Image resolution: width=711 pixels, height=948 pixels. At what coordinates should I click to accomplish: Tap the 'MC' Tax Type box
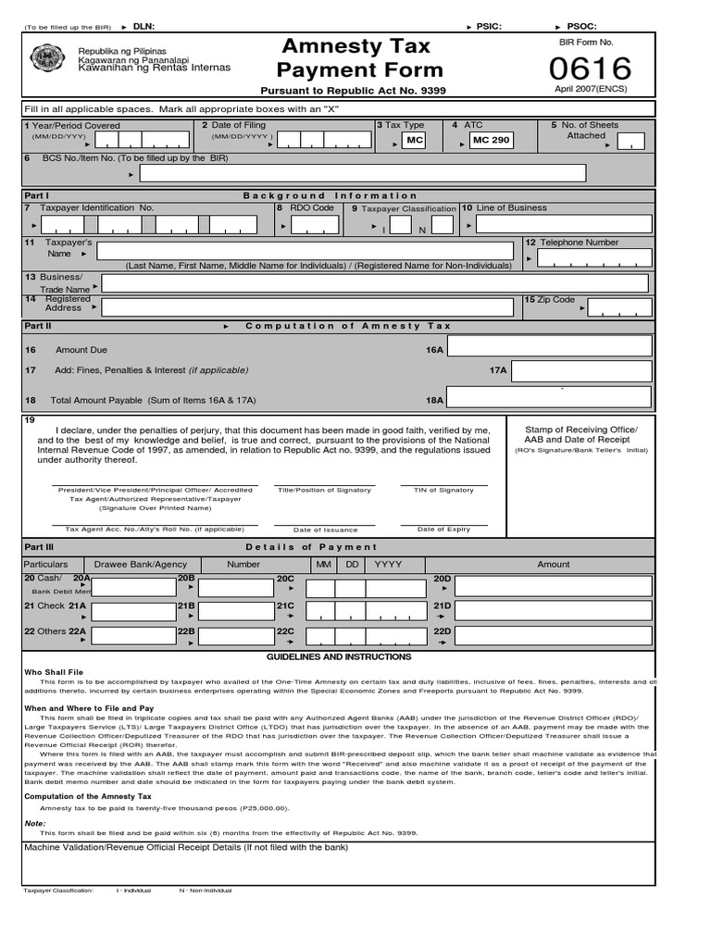pyautogui.click(x=413, y=140)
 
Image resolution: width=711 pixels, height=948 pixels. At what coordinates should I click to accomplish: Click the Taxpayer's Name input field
pyautogui.click(x=305, y=251)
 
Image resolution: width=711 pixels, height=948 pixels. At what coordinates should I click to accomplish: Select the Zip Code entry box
pyautogui.click(x=619, y=307)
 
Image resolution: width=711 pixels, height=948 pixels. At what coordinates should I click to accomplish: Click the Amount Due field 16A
pyautogui.click(x=550, y=346)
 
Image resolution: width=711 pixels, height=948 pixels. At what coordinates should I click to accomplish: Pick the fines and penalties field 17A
pyautogui.click(x=581, y=371)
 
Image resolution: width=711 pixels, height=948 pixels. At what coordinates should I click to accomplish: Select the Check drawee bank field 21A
pyautogui.click(x=133, y=613)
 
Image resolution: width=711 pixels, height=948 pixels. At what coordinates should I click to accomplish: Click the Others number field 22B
pyautogui.click(x=235, y=638)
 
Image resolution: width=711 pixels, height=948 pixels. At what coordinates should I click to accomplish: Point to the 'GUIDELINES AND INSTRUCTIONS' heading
pyautogui.click(x=339, y=656)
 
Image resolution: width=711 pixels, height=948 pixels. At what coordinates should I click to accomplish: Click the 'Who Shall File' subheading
pyautogui.click(x=53, y=672)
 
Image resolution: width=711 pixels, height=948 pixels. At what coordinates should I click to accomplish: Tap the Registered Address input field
pyautogui.click(x=306, y=307)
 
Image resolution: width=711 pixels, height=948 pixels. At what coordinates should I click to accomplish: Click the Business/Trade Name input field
pyautogui.click(x=375, y=283)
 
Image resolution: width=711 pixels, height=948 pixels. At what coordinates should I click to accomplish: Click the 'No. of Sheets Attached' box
pyautogui.click(x=630, y=141)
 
